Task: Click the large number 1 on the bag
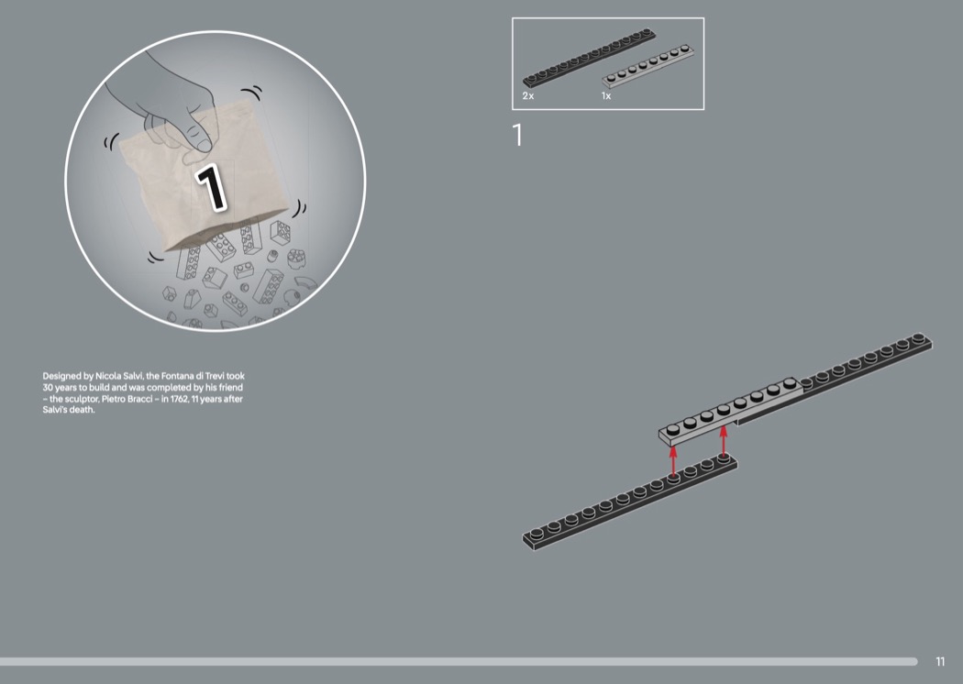click(211, 187)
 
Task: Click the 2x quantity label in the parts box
click(528, 95)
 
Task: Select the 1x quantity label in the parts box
click(606, 95)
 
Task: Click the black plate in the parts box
click(589, 58)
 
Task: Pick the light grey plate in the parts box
click(648, 66)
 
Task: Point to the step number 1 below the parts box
click(518, 135)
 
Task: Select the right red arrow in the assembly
click(724, 440)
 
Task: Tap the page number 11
click(940, 661)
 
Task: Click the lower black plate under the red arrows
click(629, 502)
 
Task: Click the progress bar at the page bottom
click(459, 661)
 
